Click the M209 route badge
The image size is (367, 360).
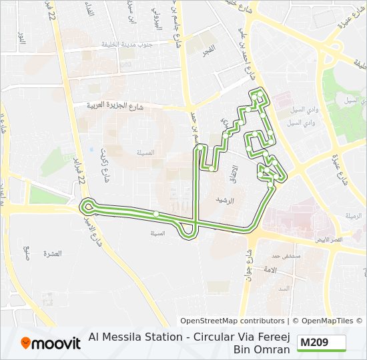pos(322,343)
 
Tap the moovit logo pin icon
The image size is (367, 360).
pos(27,343)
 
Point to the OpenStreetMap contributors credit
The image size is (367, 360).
pos(232,321)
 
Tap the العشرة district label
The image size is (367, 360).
pos(51,254)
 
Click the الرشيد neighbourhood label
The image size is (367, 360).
pos(222,199)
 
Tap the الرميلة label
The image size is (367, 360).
pos(353,215)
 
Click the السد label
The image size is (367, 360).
pos(284,288)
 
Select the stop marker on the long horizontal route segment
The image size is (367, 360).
pos(155,214)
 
